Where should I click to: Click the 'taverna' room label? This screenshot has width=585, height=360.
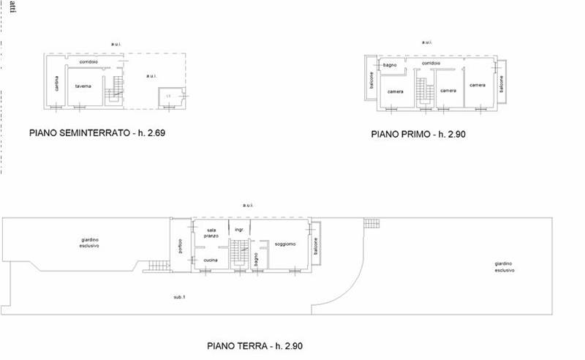[83, 86]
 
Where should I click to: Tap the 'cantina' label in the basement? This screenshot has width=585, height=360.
[56, 85]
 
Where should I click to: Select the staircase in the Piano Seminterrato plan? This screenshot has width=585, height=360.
[114, 89]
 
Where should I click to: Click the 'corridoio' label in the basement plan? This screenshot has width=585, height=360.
[89, 61]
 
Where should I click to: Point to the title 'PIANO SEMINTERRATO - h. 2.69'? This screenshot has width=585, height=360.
[92, 134]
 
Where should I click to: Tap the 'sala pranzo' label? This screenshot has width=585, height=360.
[212, 233]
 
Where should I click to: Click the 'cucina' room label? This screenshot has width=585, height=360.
[211, 260]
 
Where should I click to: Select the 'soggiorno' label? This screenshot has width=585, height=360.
[285, 244]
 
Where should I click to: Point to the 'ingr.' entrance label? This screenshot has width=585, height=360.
[238, 229]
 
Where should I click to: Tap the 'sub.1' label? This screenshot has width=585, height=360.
[179, 296]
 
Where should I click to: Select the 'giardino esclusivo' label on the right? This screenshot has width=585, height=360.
[504, 266]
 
